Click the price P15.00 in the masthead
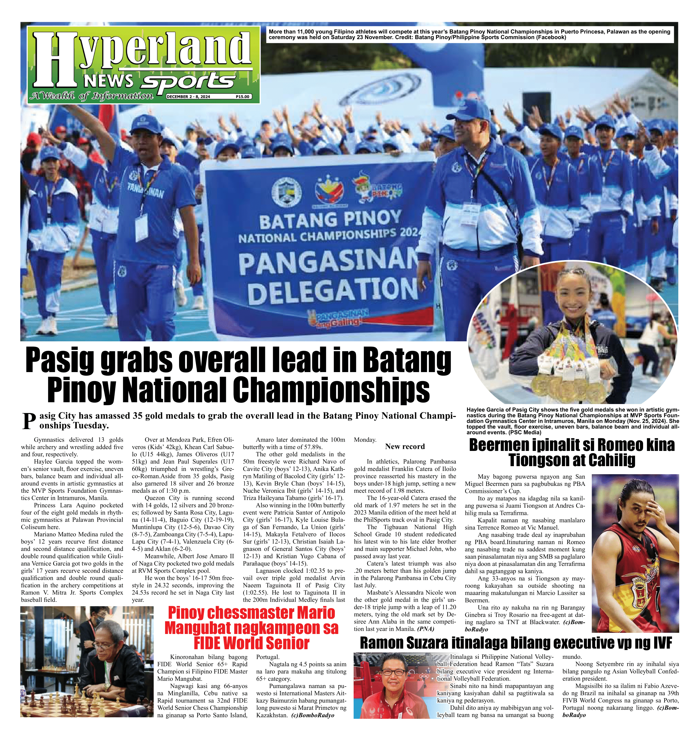tap(242, 96)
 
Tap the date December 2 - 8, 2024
tap(188, 96)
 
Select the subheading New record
tap(405, 446)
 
